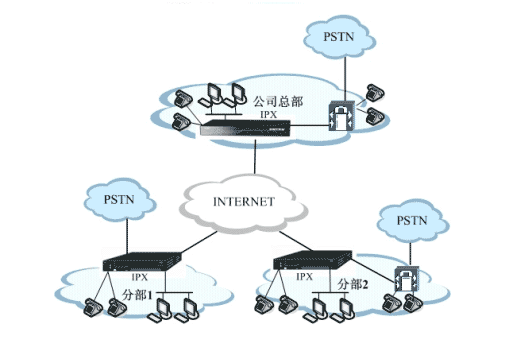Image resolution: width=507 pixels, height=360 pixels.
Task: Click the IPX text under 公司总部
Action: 267,115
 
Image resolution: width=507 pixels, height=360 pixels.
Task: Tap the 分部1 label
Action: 135,295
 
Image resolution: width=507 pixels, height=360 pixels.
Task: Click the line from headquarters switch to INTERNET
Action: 255,159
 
